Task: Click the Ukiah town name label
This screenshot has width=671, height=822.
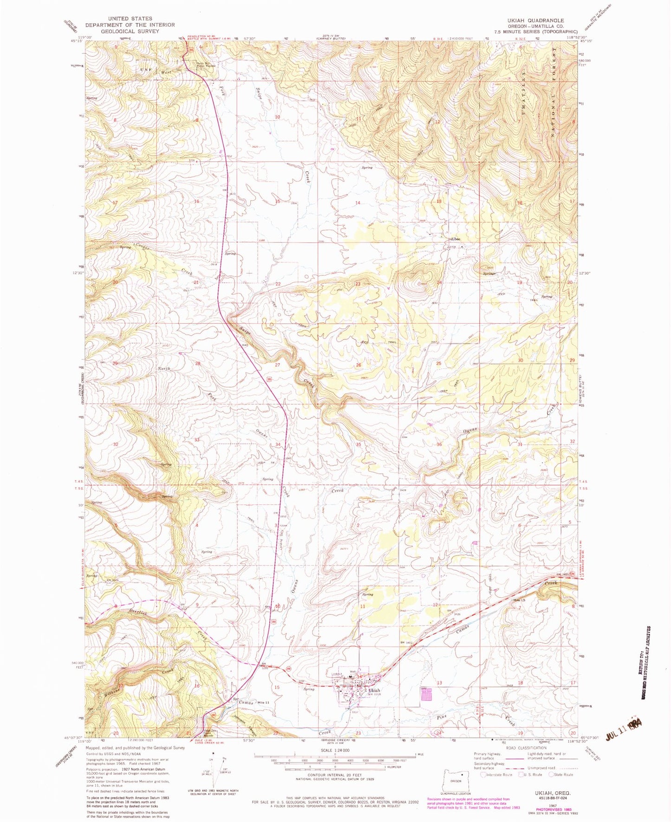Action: [374, 690]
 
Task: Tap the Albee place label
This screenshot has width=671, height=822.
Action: [455, 239]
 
